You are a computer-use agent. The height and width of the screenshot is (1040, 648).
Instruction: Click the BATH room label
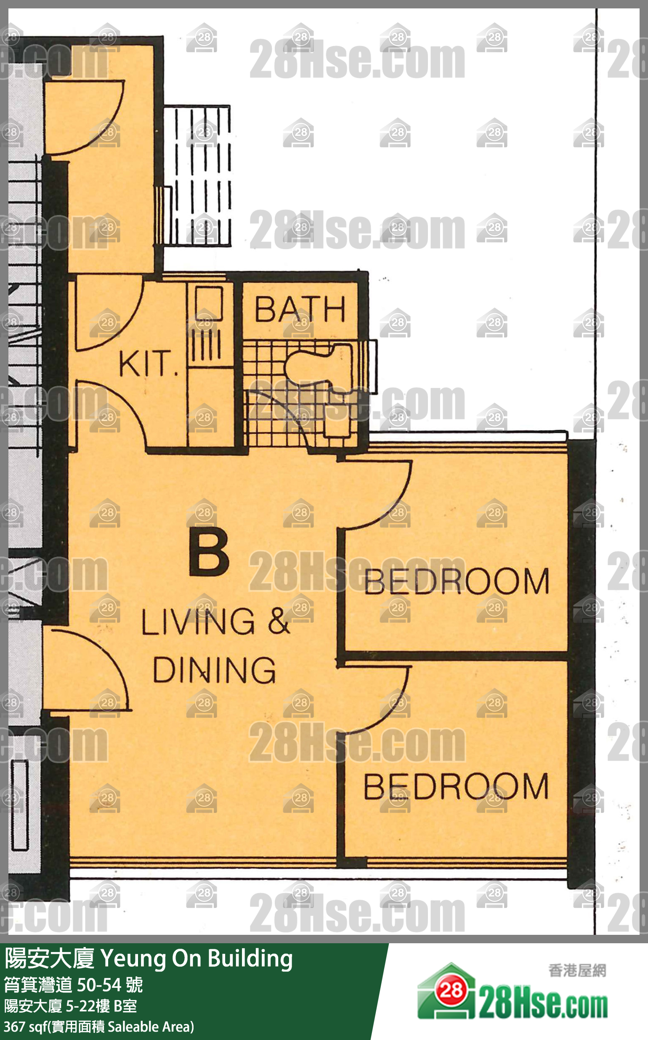[x=300, y=309]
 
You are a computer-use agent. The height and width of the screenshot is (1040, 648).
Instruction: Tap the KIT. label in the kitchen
[x=148, y=363]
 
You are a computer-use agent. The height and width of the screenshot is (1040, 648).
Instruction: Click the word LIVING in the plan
[x=198, y=622]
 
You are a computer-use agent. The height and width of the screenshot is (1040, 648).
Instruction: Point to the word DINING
[x=214, y=670]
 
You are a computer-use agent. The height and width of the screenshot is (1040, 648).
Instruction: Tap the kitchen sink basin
[x=209, y=303]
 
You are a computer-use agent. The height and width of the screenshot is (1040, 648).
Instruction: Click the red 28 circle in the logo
[x=451, y=990]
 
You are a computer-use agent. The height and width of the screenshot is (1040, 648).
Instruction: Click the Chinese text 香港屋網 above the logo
[x=577, y=971]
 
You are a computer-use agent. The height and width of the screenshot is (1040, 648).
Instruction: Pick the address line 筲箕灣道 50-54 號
[x=73, y=985]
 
